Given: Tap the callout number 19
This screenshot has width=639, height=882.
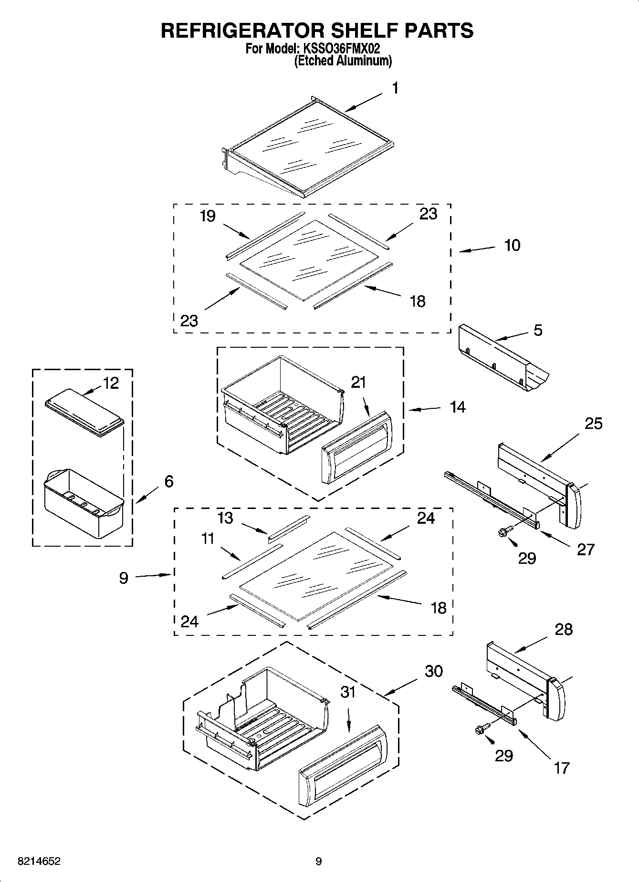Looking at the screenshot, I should pyautogui.click(x=208, y=216).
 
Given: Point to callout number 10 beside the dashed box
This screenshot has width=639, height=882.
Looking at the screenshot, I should pyautogui.click(x=512, y=245).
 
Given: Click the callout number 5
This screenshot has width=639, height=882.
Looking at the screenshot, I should pyautogui.click(x=538, y=331).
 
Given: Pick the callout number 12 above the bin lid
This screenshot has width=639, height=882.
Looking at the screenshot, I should pyautogui.click(x=111, y=383).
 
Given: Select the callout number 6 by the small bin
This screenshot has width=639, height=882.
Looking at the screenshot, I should pyautogui.click(x=169, y=481).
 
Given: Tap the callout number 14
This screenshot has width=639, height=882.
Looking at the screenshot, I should pyautogui.click(x=457, y=407).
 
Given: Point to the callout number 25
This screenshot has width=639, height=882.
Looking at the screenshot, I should pyautogui.click(x=594, y=424).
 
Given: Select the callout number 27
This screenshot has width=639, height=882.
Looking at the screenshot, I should pyautogui.click(x=586, y=550).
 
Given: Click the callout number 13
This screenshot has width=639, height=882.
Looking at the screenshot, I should pyautogui.click(x=225, y=518).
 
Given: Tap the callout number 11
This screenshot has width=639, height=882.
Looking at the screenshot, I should pyautogui.click(x=208, y=539).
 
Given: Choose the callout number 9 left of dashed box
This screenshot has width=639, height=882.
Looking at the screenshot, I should pyautogui.click(x=124, y=579).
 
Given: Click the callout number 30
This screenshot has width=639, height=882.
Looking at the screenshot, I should pyautogui.click(x=434, y=671).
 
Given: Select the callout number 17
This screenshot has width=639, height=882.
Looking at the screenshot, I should pyautogui.click(x=562, y=768).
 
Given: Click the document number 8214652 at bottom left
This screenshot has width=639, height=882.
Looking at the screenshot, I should pyautogui.click(x=39, y=861).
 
